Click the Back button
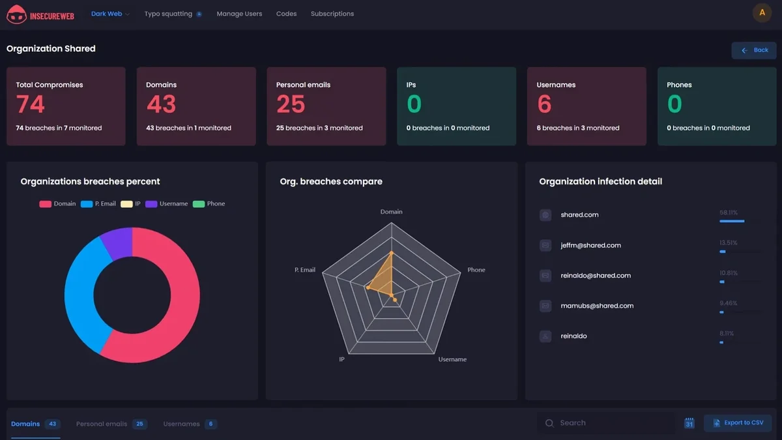click(x=754, y=50)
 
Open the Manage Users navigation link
click(x=239, y=14)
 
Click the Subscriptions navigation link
click(x=332, y=14)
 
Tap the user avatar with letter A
click(x=762, y=13)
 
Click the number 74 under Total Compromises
click(x=31, y=104)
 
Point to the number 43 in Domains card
click(x=161, y=104)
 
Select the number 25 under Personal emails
click(x=291, y=104)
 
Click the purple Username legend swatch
click(x=151, y=204)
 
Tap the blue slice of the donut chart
click(x=81, y=293)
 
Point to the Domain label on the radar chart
click(x=391, y=212)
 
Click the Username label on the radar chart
click(x=452, y=359)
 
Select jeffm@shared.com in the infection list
click(x=590, y=246)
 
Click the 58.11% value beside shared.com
click(x=729, y=213)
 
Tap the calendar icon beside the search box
click(x=689, y=423)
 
